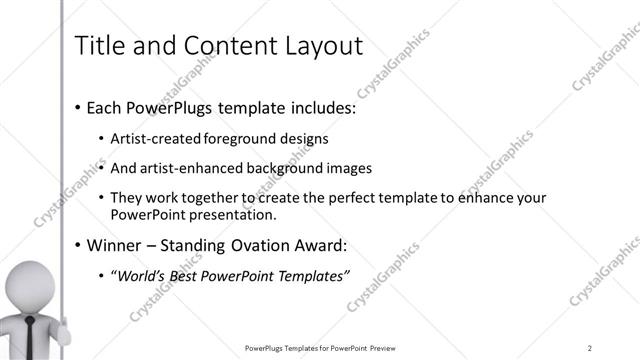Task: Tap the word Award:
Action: pos(319,245)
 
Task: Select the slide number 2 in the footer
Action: pos(590,347)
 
